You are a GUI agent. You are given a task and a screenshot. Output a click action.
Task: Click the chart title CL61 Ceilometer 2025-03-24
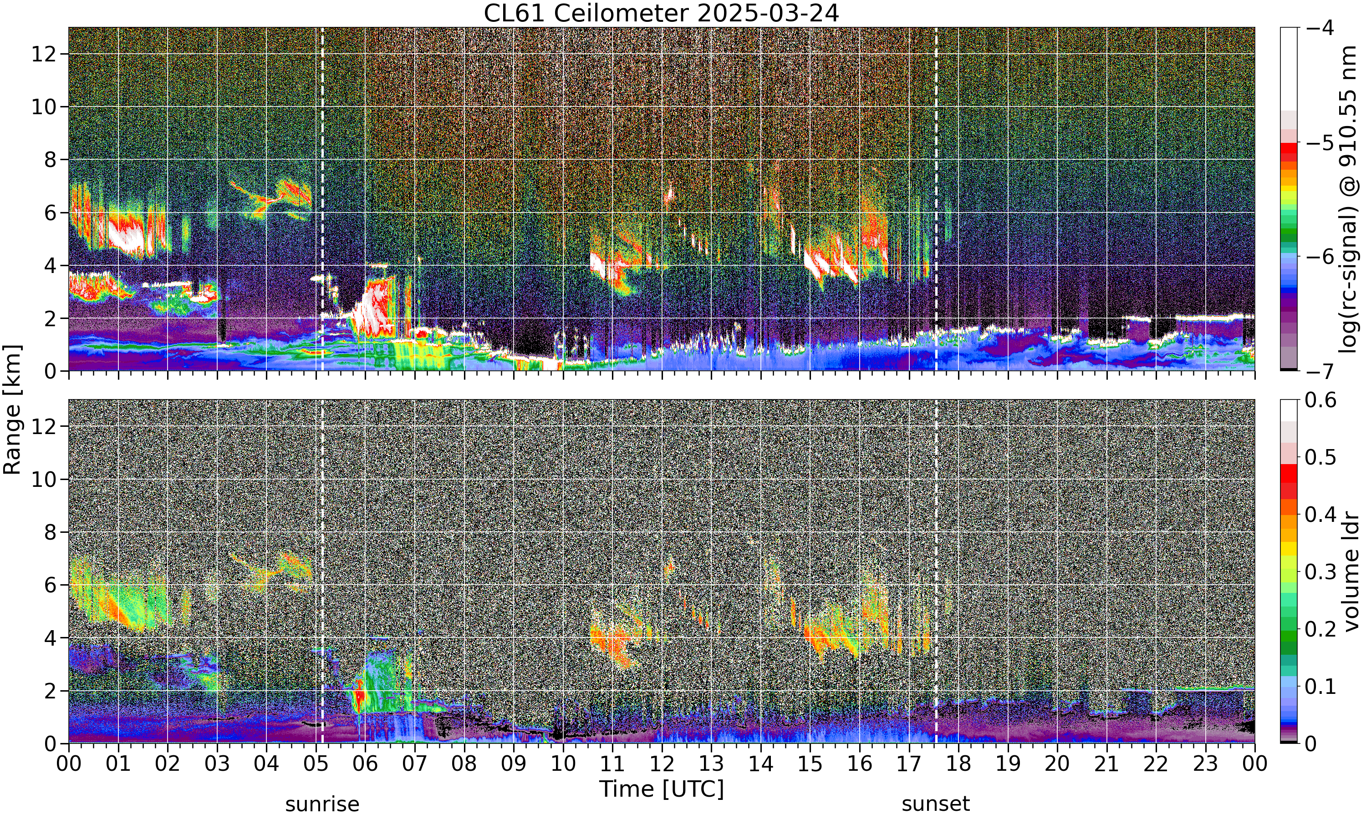[661, 13]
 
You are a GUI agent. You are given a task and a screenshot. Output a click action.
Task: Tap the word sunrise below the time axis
[322, 804]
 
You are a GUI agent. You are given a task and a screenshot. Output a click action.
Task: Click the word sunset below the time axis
[936, 804]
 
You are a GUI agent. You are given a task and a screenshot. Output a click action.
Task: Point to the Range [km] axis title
[12, 409]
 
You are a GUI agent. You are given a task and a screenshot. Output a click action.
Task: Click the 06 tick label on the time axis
[365, 764]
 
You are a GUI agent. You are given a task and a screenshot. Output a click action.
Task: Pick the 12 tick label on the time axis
[662, 764]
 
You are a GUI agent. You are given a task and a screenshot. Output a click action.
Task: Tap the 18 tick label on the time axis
[958, 764]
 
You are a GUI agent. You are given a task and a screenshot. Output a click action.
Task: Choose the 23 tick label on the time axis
[1205, 764]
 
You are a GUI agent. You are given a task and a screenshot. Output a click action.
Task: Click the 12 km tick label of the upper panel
[44, 54]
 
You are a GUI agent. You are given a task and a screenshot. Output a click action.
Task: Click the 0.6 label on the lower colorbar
[1321, 400]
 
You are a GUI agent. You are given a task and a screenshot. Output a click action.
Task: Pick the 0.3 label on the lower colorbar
[1321, 572]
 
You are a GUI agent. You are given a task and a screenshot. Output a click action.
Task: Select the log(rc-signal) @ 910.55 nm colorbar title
[1348, 199]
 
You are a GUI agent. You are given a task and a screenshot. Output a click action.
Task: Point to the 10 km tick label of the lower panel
[44, 480]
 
